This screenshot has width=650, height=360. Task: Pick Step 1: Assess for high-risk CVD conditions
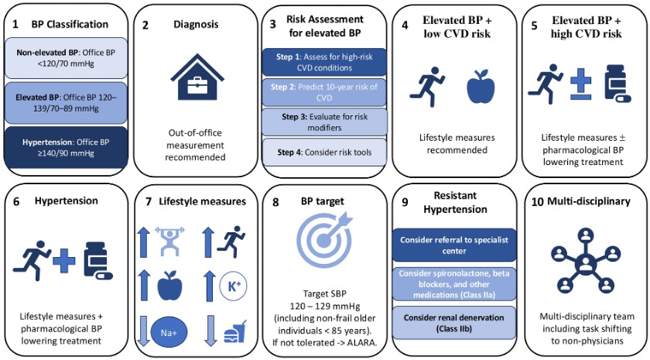click(323, 61)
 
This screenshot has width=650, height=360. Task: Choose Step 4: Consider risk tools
click(323, 152)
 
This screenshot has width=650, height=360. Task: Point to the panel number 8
click(276, 203)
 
